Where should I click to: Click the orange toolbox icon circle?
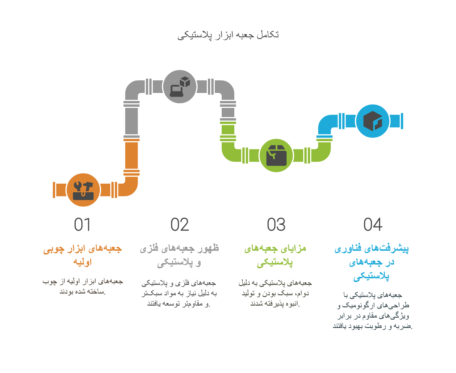tap(83, 190)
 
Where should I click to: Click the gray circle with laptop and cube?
tap(180, 86)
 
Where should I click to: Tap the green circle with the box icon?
tap(276, 156)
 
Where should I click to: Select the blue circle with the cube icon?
tap(373, 121)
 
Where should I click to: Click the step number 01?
tap(82, 224)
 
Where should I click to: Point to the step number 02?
tap(180, 224)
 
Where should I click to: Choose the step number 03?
tap(276, 224)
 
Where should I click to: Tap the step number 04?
tap(373, 224)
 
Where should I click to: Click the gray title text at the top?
tap(228, 35)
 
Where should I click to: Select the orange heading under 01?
tap(83, 255)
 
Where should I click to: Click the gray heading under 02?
tap(179, 255)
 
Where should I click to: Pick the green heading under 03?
tap(275, 255)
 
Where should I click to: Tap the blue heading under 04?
tap(372, 262)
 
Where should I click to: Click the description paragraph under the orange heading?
tap(83, 286)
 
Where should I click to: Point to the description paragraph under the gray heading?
tap(179, 293)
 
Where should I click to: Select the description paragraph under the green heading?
tap(275, 293)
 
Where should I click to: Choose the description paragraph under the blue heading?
tap(372, 310)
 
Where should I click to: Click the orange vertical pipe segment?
tap(132, 156)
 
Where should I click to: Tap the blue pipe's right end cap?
tap(402, 121)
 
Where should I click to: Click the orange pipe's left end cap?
tap(54, 190)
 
